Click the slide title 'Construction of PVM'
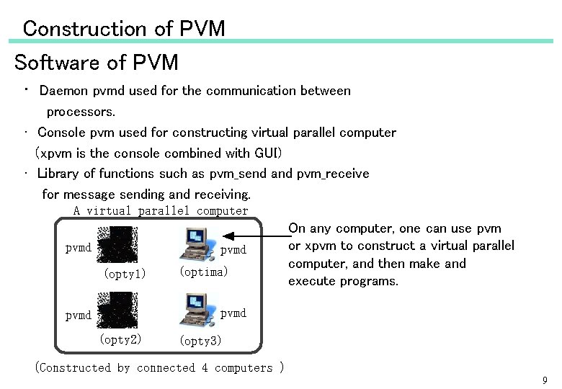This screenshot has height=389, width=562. pyautogui.click(x=123, y=29)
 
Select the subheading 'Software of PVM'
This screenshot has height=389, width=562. pyautogui.click(x=97, y=63)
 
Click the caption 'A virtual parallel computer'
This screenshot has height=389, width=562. pyautogui.click(x=161, y=211)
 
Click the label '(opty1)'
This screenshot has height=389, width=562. pyautogui.click(x=125, y=274)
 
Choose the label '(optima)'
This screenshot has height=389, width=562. pyautogui.click(x=203, y=272)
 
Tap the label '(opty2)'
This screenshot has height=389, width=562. pyautogui.click(x=120, y=339)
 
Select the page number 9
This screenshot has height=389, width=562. pyautogui.click(x=545, y=380)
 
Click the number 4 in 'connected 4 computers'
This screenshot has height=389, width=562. pyautogui.click(x=204, y=368)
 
